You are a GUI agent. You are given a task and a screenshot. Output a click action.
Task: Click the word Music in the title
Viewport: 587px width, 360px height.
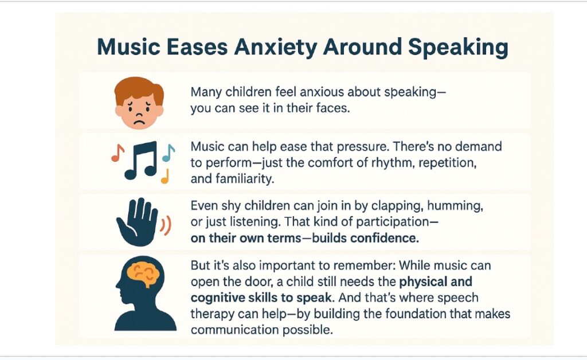point(128,47)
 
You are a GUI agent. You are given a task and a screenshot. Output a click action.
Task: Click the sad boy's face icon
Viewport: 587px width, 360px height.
point(139,103)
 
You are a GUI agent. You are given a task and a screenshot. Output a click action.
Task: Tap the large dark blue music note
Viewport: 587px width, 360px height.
point(141,160)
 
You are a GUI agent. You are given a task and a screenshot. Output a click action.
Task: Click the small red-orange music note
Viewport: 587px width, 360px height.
point(118,153)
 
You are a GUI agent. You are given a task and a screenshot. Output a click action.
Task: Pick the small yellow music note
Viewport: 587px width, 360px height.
point(165,176)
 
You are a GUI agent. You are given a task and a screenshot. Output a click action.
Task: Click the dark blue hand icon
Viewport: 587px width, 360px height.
point(137,222)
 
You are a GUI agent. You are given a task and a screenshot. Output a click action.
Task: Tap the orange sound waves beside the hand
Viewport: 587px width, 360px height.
point(166,225)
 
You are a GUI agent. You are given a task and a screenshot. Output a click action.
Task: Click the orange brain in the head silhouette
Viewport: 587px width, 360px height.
point(143,274)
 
